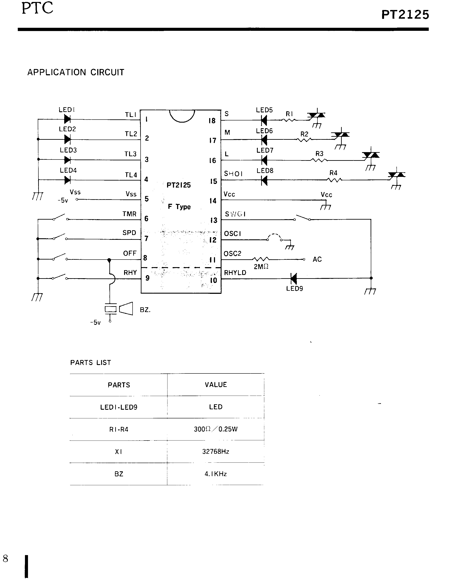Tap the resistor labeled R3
pos(319,160)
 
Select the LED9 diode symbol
pos(294,279)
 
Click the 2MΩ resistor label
pos(261,267)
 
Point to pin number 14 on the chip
pos(213,201)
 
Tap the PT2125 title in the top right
pos(405,15)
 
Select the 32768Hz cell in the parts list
pos(215,452)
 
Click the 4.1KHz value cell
pos(215,474)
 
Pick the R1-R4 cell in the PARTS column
pos(118,429)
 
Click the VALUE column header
pos(215,385)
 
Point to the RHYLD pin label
pos(235,273)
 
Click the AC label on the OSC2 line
pos(317,259)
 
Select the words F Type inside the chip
pos(179,207)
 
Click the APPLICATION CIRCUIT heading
pos(76,72)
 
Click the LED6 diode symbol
pos(264,140)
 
